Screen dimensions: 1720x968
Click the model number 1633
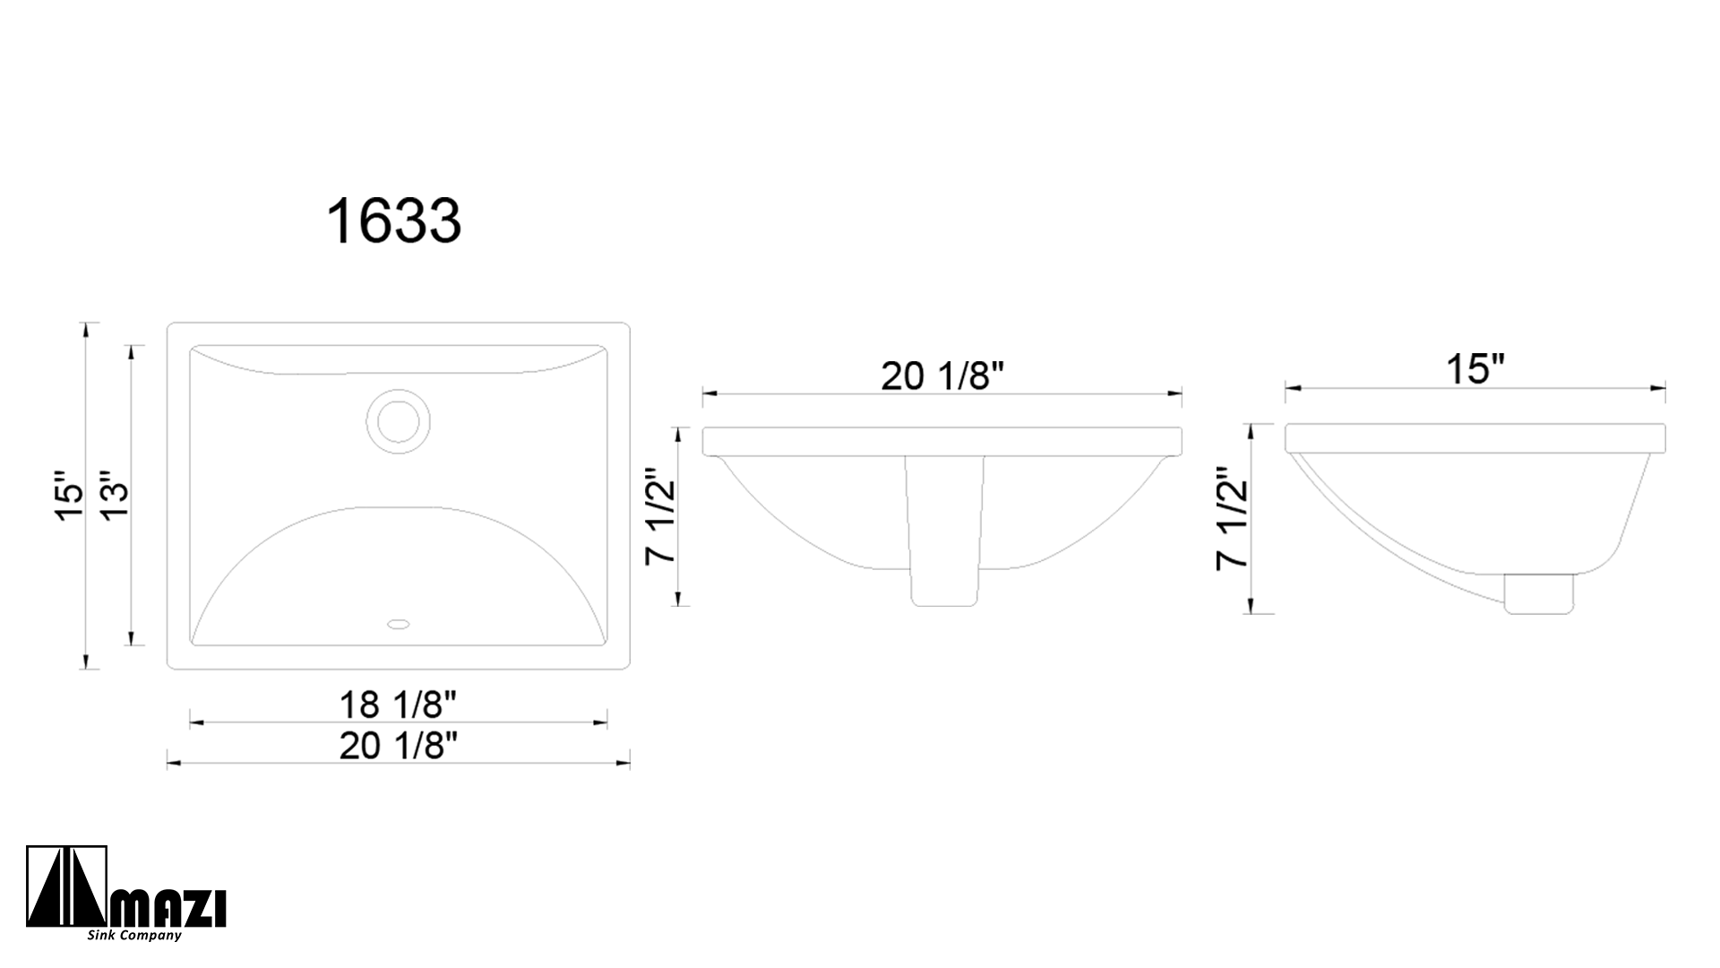[x=394, y=220]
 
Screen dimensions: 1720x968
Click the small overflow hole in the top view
[x=398, y=621]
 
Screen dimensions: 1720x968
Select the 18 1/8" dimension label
[x=398, y=705]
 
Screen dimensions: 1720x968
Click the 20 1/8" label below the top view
[x=398, y=746]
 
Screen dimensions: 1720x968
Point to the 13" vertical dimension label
[x=115, y=495]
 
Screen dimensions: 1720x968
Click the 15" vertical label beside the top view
[x=68, y=495]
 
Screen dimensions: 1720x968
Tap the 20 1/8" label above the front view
[x=941, y=376]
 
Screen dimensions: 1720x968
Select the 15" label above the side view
[x=1475, y=369]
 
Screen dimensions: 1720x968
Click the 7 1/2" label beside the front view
[x=660, y=516]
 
